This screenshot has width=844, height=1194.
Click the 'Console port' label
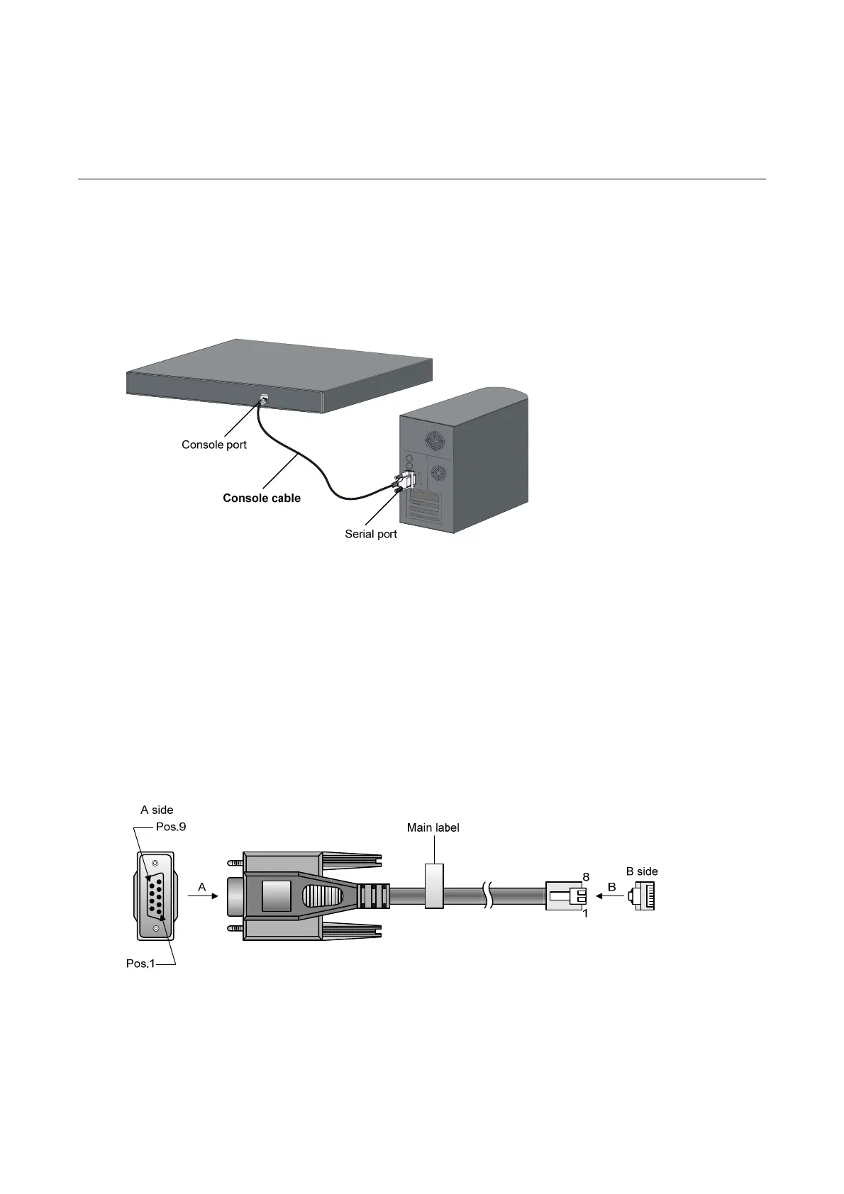coord(214,445)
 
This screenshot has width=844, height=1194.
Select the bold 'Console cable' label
coord(262,498)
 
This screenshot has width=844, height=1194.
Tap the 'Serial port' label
coord(371,534)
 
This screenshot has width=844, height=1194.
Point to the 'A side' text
coord(157,810)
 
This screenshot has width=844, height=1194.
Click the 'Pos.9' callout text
coord(171,827)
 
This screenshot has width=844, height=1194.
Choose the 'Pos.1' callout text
coord(140,964)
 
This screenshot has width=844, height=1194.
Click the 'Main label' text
coord(433,827)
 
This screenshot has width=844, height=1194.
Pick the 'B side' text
coord(642,871)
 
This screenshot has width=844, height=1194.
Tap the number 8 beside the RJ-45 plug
coord(586,877)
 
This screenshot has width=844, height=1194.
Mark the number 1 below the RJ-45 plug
coord(586,914)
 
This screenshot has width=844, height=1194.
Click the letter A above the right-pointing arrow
coord(202,887)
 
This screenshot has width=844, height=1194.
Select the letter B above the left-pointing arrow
coord(611,886)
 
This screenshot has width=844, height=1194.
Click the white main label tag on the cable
coord(434,886)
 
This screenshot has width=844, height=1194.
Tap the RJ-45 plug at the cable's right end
coord(566,896)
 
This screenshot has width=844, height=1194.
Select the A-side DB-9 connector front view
coord(155,896)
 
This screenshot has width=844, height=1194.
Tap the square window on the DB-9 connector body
coord(277,896)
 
